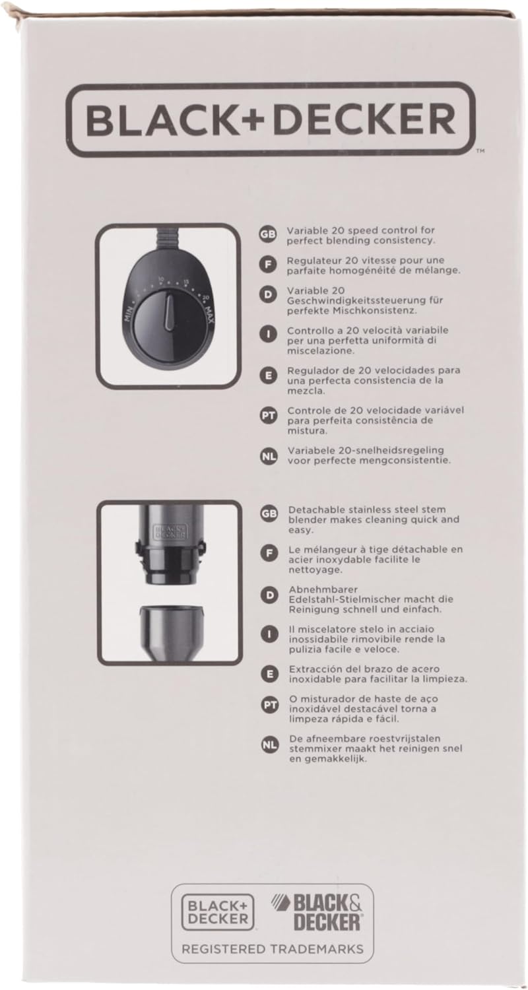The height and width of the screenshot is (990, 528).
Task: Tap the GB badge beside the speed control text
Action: (268, 235)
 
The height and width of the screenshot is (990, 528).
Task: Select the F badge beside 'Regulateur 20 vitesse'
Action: (268, 264)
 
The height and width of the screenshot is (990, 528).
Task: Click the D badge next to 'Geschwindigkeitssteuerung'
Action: (268, 295)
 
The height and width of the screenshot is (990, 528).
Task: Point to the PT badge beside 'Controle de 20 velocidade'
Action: (268, 416)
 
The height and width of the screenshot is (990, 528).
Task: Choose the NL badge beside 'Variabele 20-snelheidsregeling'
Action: (268, 455)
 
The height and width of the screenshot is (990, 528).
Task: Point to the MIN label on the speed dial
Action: (129, 315)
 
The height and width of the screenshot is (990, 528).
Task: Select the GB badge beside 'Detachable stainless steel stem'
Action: (269, 514)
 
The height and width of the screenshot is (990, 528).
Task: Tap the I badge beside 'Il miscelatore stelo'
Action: (269, 634)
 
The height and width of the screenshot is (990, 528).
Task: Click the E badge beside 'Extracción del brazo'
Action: (269, 674)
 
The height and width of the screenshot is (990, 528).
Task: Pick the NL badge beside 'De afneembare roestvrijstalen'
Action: (269, 744)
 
